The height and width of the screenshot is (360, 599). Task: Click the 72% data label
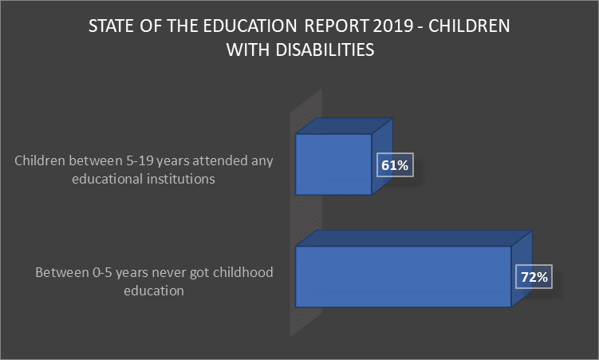click(x=534, y=278)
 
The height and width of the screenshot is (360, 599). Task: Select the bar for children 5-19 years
click(x=333, y=164)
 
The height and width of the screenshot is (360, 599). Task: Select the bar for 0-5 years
click(x=403, y=276)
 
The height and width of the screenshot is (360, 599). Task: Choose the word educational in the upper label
click(x=109, y=180)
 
